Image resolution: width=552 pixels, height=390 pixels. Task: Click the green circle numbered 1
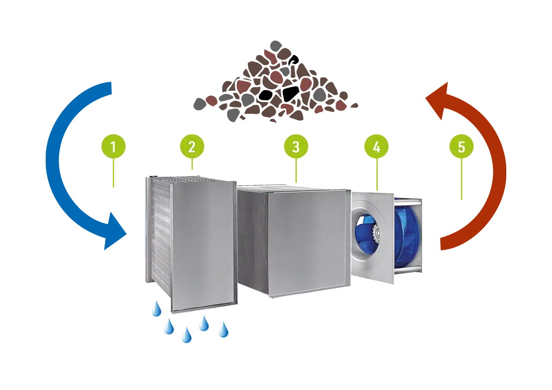[x=113, y=147]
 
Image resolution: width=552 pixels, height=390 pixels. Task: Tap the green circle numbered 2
[x=192, y=147]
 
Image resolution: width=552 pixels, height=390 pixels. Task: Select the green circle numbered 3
[x=296, y=147]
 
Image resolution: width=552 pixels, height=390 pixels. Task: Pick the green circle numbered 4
[x=376, y=147]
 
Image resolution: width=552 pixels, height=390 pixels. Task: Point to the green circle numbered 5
[x=461, y=147]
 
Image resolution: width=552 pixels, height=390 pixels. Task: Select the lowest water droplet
[x=186, y=335]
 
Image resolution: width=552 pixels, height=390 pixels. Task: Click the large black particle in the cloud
[x=291, y=92]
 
